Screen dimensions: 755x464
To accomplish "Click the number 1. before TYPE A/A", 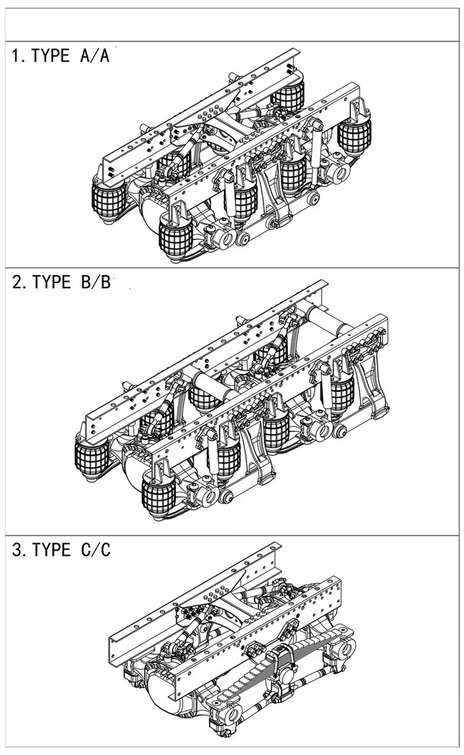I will point(19,56).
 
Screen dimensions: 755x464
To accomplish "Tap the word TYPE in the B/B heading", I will point(51,282).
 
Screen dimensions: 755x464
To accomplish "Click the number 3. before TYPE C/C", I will point(19,549).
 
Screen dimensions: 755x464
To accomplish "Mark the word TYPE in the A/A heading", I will point(51,56).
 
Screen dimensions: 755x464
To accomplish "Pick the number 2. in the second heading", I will point(19,282).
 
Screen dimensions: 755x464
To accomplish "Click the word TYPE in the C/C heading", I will point(51,549).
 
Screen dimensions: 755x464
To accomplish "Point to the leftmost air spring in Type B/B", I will point(91,459).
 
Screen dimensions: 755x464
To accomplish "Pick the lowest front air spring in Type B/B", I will point(158,494).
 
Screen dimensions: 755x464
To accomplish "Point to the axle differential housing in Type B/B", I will point(135,470).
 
